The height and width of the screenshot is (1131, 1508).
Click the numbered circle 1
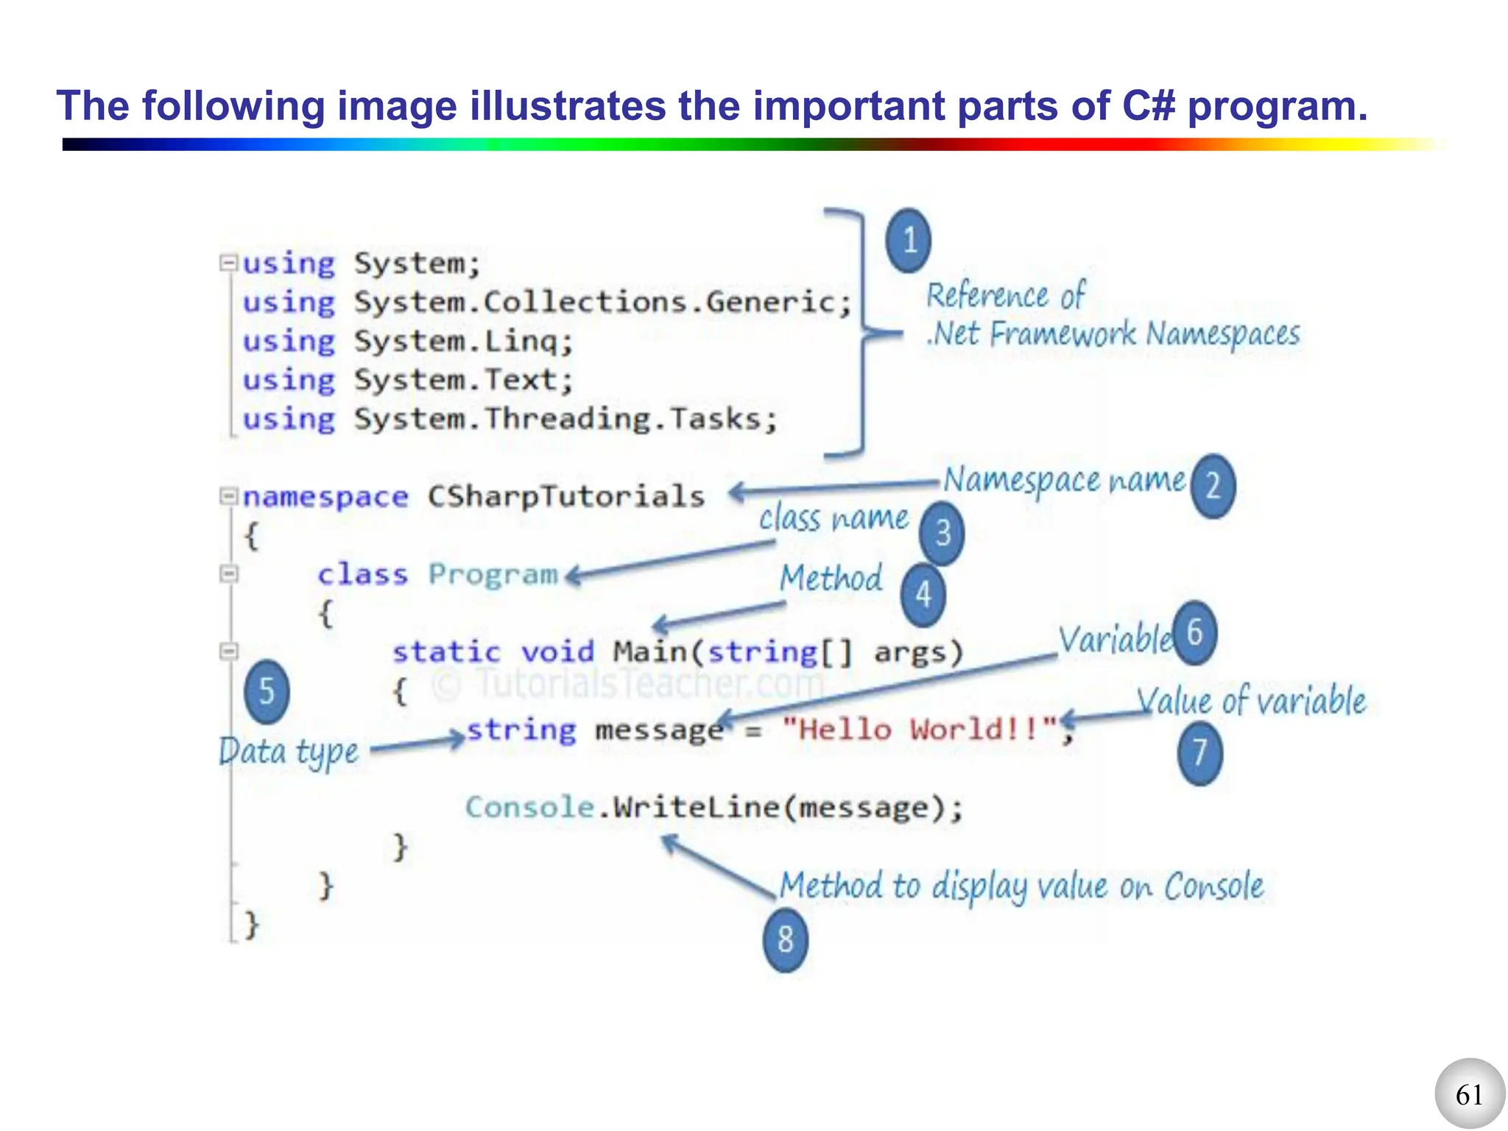[908, 241]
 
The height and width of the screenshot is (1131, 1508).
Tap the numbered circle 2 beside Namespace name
[1213, 486]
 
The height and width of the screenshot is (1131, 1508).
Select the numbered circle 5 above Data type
[267, 691]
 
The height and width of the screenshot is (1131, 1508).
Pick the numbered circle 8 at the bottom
[785, 940]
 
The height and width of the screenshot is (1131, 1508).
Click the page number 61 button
[1469, 1094]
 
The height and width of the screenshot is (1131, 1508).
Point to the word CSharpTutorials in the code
[565, 496]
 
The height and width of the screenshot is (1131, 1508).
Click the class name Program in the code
[493, 574]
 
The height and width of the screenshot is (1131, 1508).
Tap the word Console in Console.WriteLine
[529, 808]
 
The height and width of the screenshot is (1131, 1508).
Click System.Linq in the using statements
[462, 341]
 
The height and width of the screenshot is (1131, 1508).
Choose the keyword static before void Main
[446, 652]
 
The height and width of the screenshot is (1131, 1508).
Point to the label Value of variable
[1250, 700]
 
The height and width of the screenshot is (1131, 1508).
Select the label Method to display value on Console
[1021, 886]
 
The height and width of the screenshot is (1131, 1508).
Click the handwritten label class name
[834, 518]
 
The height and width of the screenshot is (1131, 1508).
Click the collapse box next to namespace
[229, 496]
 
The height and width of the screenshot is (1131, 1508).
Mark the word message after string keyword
[659, 730]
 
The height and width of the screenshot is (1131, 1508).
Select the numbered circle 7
[1199, 753]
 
